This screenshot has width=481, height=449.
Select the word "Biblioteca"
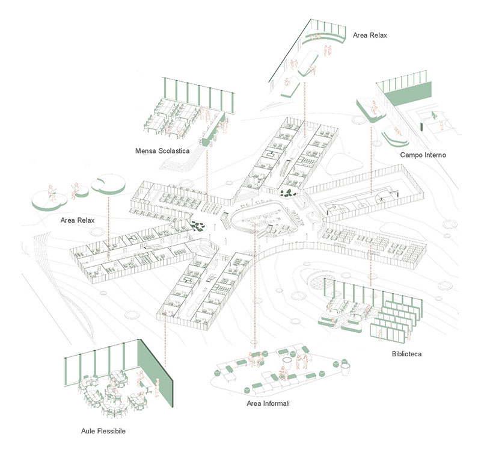tap(405, 354)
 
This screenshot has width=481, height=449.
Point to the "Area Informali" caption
tap(268, 403)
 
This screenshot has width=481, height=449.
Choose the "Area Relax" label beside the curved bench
tap(370, 36)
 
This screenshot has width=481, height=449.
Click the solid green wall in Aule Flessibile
tap(155, 367)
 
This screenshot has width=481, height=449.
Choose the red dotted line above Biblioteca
tap(372, 253)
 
